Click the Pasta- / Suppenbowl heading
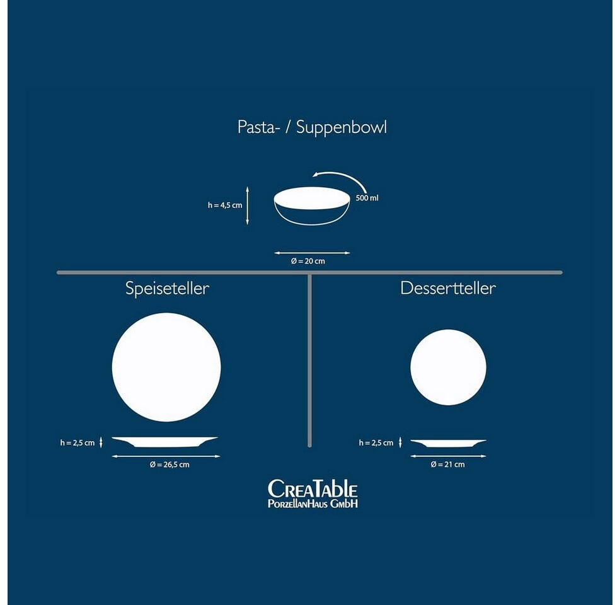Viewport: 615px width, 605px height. click(x=312, y=127)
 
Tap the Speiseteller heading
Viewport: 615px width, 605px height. click(x=167, y=289)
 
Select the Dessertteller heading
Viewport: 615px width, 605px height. click(x=448, y=289)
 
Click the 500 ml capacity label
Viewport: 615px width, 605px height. click(x=367, y=198)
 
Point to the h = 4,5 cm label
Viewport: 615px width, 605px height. click(x=225, y=205)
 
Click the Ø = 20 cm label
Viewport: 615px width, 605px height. click(x=312, y=261)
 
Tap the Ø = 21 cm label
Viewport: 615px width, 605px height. click(x=447, y=464)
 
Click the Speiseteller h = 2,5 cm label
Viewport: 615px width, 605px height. click(x=78, y=443)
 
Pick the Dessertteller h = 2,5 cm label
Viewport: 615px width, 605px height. click(x=376, y=443)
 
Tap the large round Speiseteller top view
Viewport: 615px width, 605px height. click(x=166, y=367)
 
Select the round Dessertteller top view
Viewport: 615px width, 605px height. click(x=448, y=367)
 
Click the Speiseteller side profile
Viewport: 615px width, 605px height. click(x=165, y=442)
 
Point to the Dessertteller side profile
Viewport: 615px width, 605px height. click(x=448, y=442)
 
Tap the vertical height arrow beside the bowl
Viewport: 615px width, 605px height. click(x=248, y=205)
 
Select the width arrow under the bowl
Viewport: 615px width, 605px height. click(x=312, y=253)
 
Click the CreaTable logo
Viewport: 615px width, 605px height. click(x=313, y=493)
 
